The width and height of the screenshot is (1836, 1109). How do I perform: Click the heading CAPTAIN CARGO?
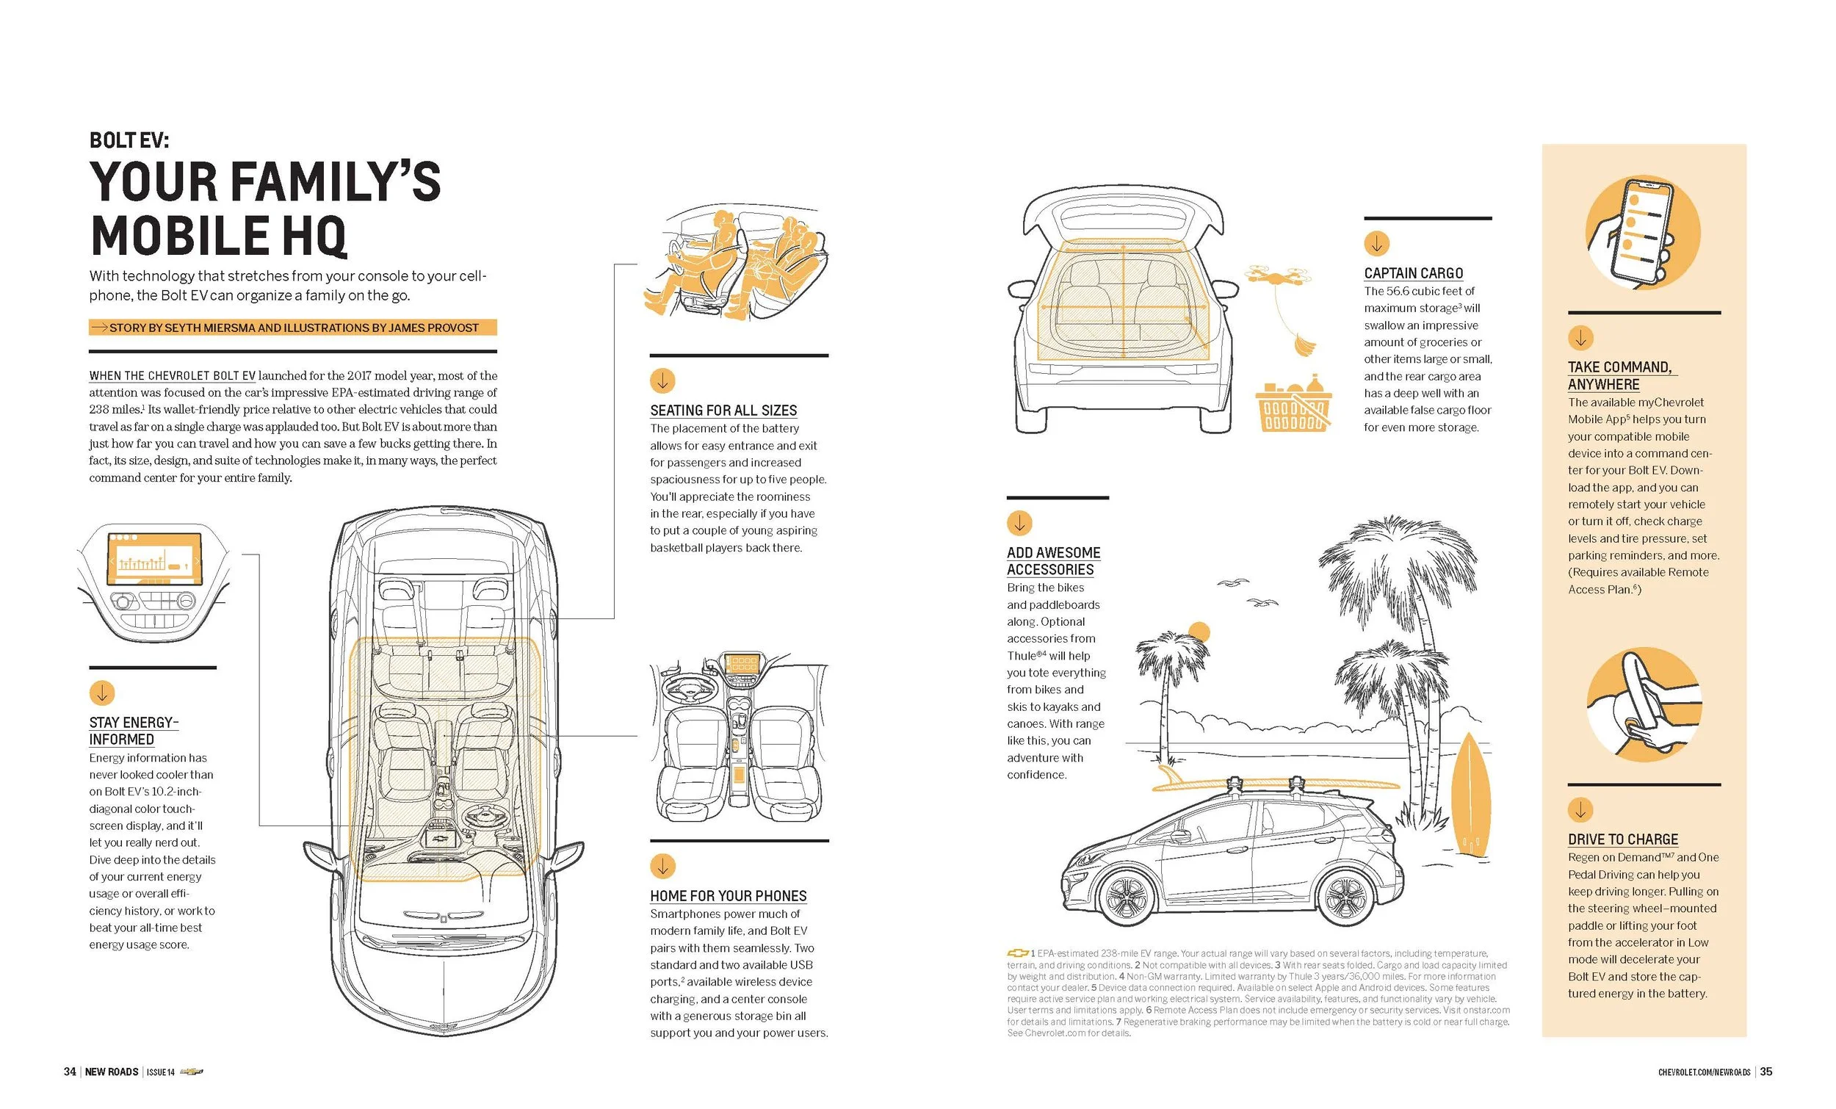1413,272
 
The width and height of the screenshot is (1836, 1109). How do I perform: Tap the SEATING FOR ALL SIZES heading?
723,410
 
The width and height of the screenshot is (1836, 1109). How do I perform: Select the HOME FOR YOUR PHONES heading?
728,895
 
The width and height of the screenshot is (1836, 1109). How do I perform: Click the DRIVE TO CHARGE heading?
1623,839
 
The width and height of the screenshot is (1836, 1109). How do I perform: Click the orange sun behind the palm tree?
1199,632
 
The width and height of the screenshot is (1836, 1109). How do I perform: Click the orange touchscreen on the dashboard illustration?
154,558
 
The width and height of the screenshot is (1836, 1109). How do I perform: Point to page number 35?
1766,1071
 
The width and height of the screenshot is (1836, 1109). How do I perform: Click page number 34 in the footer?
69,1071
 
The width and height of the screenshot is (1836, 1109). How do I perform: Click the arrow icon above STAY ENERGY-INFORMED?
101,693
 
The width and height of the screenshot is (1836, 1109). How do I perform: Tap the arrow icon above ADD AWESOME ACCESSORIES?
1019,523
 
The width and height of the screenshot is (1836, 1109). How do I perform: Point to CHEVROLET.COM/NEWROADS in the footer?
1704,1072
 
